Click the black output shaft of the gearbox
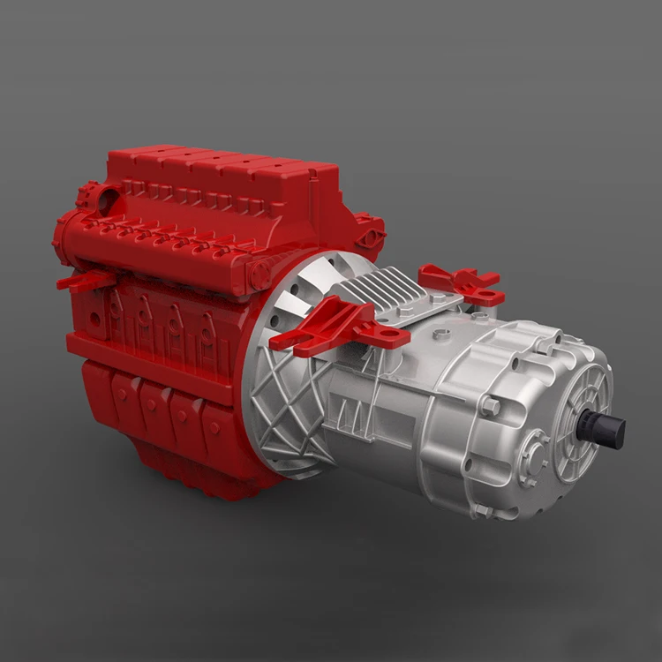608,431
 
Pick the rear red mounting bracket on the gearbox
463,282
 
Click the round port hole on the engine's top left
109,199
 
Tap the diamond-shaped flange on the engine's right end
371,237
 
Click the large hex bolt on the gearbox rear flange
490,406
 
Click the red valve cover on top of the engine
221,185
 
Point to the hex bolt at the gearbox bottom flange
482,511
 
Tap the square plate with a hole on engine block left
115,309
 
